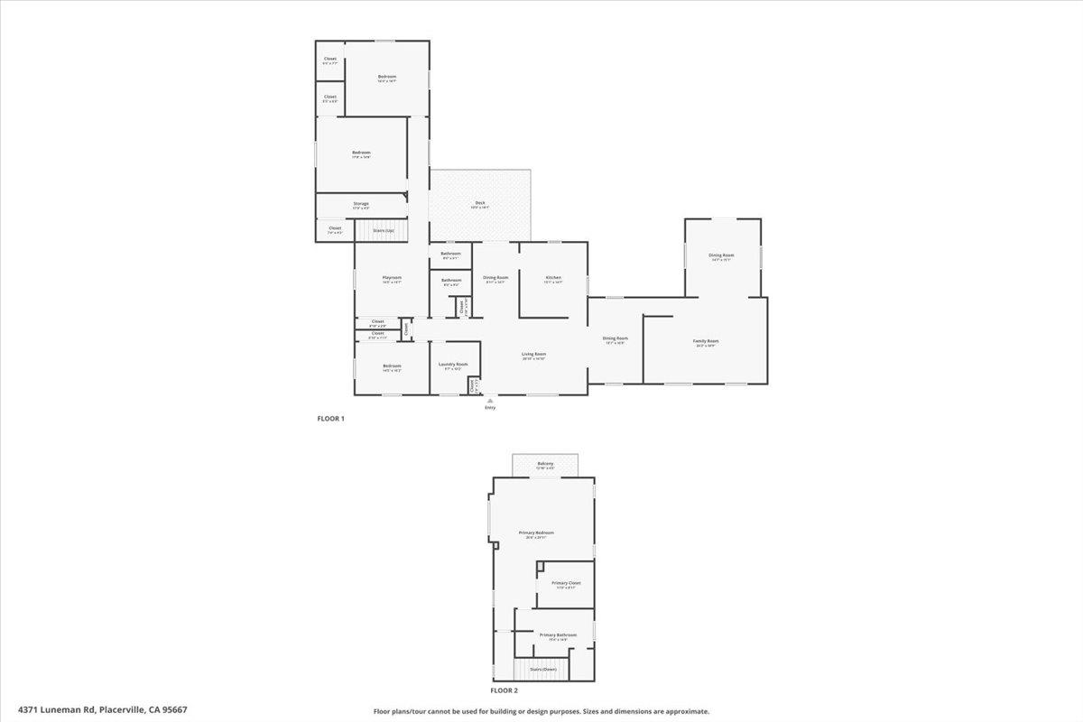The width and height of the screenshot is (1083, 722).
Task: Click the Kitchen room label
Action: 553,277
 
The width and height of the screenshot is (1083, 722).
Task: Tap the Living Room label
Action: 534,355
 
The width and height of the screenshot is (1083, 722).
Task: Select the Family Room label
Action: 706,341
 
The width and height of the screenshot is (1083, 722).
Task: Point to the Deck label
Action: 481,203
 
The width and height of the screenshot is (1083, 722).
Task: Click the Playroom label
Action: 392,277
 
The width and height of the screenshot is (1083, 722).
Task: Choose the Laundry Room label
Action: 453,365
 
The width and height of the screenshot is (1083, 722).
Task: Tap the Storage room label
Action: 361,204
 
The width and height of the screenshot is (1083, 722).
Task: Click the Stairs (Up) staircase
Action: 384,230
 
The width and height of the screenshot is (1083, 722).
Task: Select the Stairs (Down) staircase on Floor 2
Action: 543,669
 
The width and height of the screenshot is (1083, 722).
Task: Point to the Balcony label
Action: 545,464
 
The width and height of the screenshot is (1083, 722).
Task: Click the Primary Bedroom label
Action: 536,533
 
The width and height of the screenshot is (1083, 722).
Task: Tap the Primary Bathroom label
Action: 559,635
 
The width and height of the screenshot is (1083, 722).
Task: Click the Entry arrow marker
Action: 490,400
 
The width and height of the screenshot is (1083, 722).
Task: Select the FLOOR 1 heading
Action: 330,419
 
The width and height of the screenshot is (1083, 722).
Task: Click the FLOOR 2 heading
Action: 504,690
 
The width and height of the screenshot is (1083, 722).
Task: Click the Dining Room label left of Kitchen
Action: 495,277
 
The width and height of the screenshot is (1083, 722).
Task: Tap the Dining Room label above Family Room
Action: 722,255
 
